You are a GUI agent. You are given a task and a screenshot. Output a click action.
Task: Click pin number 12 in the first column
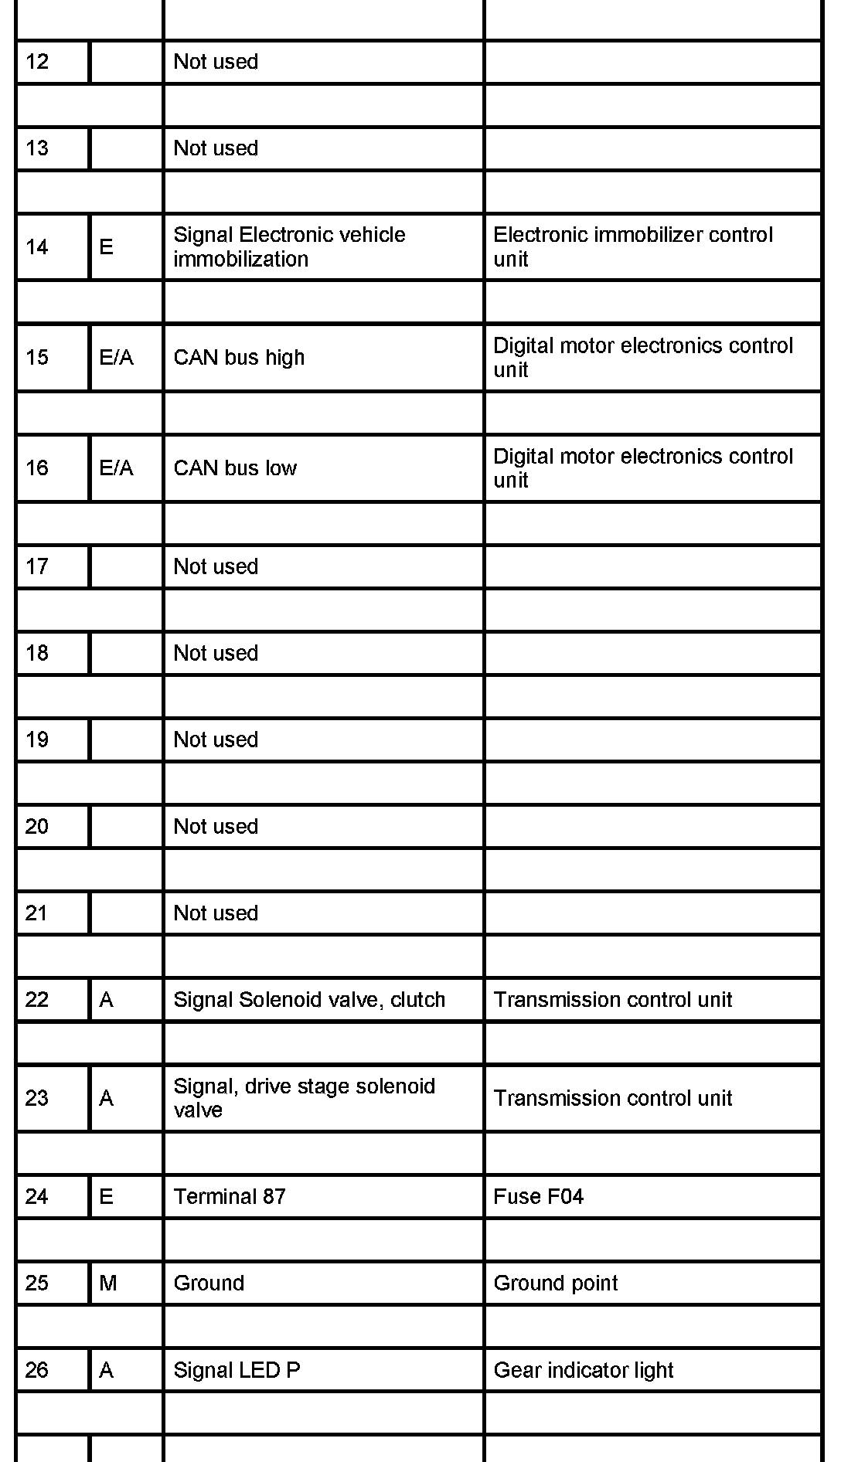37,62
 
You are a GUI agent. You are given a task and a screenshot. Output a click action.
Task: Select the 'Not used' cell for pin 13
216,148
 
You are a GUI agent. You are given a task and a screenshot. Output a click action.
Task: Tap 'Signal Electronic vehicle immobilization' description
289,246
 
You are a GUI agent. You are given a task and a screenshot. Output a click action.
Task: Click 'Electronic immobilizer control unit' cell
632,246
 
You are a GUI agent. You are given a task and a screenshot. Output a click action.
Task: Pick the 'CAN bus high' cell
239,358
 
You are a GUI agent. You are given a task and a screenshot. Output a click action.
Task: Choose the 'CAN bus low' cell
235,468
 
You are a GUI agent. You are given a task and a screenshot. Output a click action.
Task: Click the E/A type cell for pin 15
116,358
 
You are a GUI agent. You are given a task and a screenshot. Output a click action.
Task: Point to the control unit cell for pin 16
642,468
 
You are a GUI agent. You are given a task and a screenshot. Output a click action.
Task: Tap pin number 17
37,567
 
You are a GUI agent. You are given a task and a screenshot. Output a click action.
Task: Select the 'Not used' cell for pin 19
216,740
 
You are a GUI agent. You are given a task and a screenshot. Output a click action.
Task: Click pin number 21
37,913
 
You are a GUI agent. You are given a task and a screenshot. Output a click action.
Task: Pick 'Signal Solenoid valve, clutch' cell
309,1000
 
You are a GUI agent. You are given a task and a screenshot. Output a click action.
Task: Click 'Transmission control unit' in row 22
612,1000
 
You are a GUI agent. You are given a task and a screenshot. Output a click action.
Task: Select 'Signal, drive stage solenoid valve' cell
304,1098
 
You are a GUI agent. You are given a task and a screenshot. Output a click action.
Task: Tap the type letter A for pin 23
107,1098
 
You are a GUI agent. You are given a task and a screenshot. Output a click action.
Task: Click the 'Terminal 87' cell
230,1197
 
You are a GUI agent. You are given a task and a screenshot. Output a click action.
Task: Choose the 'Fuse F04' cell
538,1197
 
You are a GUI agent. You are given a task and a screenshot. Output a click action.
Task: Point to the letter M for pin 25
108,1283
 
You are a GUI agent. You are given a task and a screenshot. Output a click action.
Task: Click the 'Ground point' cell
555,1283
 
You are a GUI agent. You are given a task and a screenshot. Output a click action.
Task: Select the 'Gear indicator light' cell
583,1371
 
